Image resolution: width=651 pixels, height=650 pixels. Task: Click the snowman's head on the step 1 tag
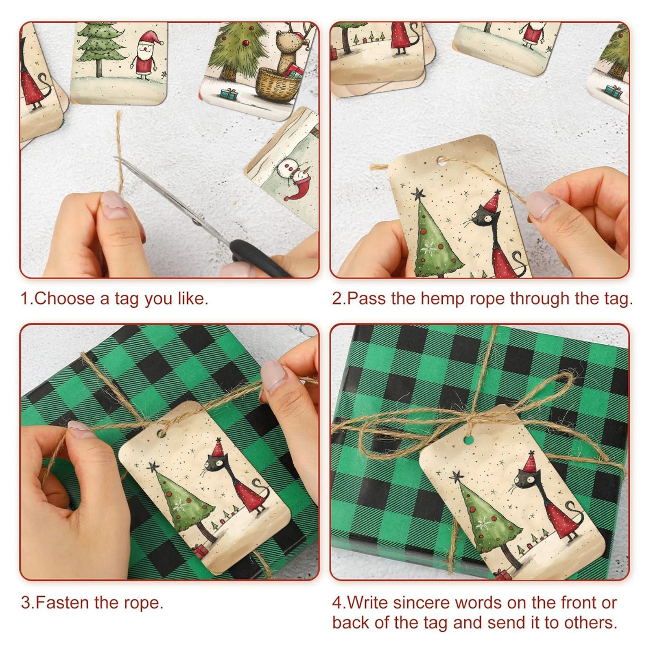tap(290, 167)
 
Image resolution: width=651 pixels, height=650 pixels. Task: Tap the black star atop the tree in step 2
tap(418, 194)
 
